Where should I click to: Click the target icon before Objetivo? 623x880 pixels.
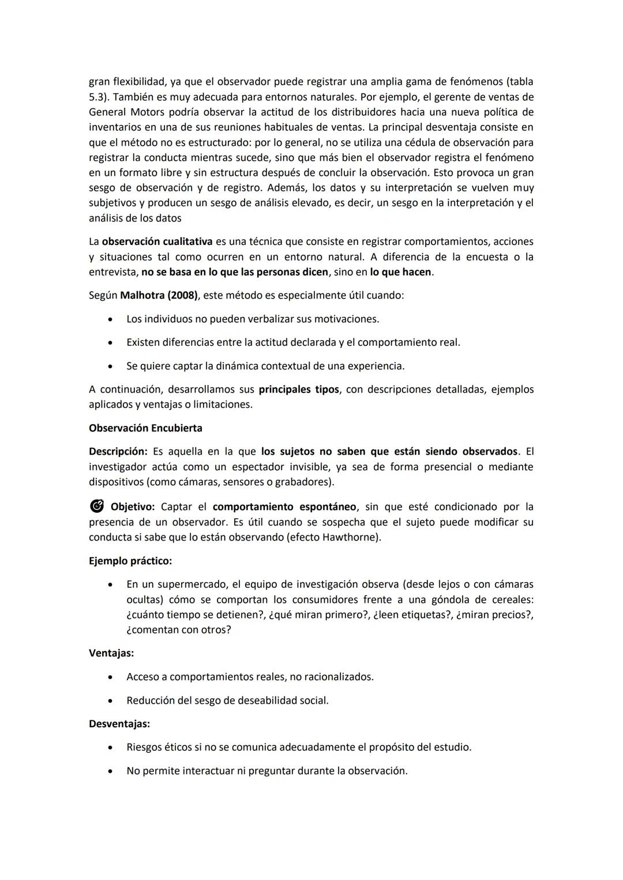tap(96, 507)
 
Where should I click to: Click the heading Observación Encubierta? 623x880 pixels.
tap(145, 428)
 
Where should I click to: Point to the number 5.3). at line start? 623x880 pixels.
tap(99, 97)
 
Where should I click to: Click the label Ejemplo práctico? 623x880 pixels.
tap(130, 561)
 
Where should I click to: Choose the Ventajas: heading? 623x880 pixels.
tap(111, 654)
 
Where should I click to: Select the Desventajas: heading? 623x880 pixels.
tap(119, 724)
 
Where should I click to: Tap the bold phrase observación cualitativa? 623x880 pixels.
tap(157, 241)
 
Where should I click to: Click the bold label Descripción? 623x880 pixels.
tap(118, 452)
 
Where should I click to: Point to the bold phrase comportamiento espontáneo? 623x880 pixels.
tap(284, 507)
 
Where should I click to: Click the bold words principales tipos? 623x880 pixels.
tap(299, 390)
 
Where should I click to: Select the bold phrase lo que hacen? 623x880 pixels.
tap(401, 272)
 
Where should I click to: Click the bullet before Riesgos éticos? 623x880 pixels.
tap(110, 747)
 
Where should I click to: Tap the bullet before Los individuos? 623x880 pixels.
tap(110, 319)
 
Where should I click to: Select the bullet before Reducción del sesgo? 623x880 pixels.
tap(110, 701)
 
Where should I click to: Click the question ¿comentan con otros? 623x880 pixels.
tap(179, 630)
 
